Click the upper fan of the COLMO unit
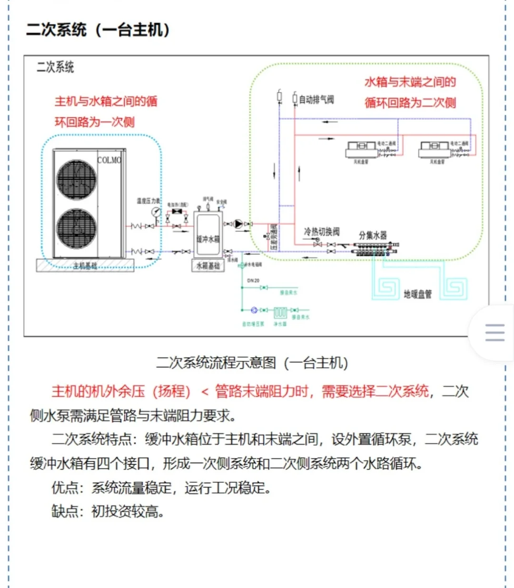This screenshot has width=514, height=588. click(x=76, y=180)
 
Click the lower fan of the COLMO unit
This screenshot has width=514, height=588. click(x=76, y=229)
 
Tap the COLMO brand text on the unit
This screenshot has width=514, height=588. click(x=109, y=160)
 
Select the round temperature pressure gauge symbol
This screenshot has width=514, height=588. click(x=156, y=212)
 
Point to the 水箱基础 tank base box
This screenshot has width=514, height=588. click(x=208, y=265)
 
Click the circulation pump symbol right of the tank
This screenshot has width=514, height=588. click(x=238, y=223)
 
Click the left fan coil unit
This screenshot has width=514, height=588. click(x=361, y=150)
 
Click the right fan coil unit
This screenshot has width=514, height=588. click(x=435, y=150)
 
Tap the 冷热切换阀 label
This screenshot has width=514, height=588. click(x=322, y=232)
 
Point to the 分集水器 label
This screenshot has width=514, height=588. click(x=373, y=235)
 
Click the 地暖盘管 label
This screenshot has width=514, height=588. click(x=418, y=294)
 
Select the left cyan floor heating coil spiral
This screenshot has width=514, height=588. click(x=386, y=287)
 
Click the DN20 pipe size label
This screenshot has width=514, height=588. click(x=253, y=281)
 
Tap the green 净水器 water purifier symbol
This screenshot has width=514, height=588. click(x=280, y=313)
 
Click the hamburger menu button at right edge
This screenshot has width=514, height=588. click(x=494, y=333)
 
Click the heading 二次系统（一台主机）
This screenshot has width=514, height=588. click(x=98, y=30)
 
